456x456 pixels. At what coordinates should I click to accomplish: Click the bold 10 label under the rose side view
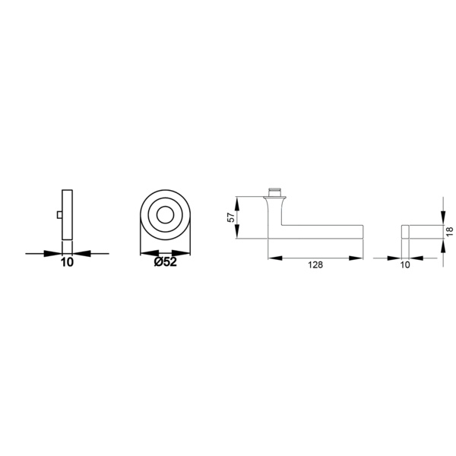67,262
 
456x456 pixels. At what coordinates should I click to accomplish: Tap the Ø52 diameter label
165,262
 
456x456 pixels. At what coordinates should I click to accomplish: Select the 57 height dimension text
231,217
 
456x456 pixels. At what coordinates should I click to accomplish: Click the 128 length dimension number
315,265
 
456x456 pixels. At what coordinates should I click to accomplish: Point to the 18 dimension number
450,231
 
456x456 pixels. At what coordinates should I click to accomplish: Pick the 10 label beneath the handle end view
405,265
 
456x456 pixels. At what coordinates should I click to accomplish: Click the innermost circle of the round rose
165,216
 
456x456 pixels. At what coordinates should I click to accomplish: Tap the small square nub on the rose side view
59,215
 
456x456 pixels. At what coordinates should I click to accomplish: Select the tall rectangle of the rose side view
67,215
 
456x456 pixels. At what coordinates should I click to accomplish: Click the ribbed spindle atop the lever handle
275,193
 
